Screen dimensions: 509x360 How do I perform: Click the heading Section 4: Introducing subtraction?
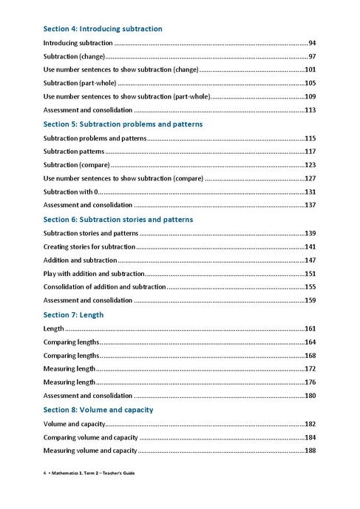(103, 29)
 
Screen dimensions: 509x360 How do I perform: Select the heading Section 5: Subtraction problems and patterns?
(123, 124)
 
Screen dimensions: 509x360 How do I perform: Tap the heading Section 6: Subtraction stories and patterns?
(118, 220)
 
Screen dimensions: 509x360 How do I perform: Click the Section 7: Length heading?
(73, 315)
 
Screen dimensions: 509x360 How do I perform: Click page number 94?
(313, 43)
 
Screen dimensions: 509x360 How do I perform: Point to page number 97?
(313, 56)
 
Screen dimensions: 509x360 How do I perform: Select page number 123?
(310, 165)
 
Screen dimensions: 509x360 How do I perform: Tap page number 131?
(310, 192)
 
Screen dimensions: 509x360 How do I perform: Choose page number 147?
(310, 260)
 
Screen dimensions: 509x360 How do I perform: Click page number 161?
(310, 328)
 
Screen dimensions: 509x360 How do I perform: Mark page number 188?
(310, 451)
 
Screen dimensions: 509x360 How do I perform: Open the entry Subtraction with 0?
(71, 192)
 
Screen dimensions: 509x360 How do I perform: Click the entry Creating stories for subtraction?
(89, 246)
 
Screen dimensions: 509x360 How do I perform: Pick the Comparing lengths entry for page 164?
(71, 342)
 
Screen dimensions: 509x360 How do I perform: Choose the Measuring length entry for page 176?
(69, 382)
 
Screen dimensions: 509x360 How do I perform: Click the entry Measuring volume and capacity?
(90, 451)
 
